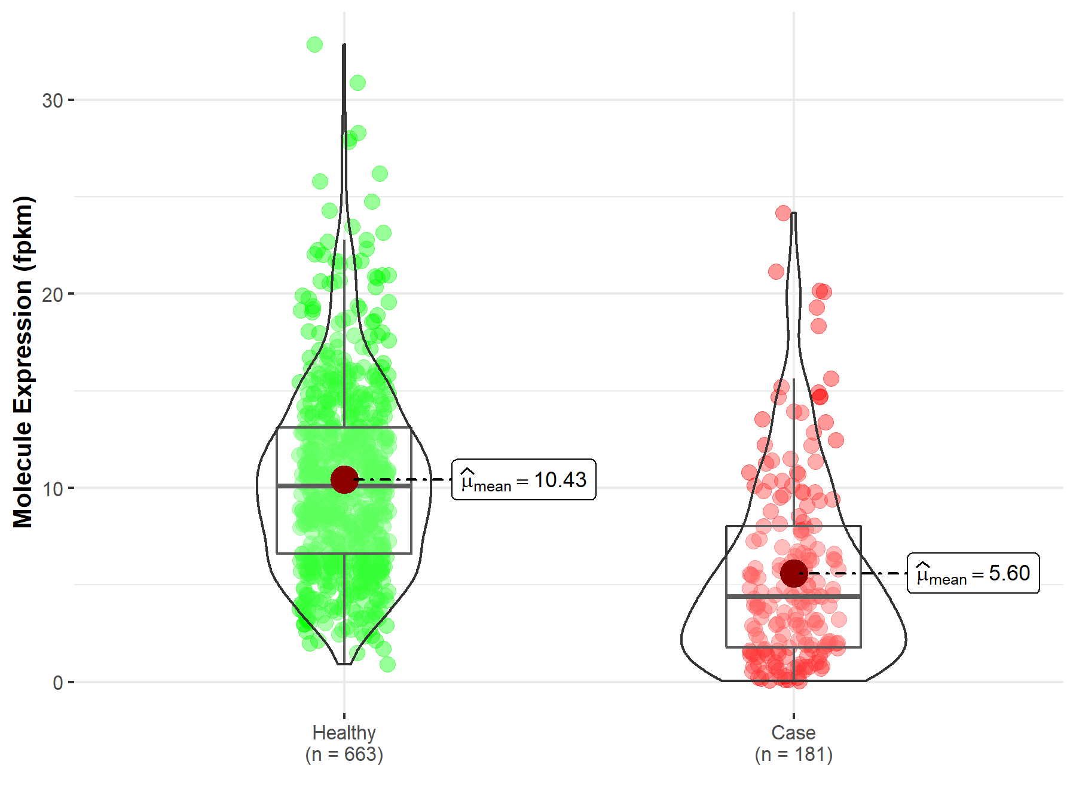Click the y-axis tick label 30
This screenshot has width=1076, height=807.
pos(52,100)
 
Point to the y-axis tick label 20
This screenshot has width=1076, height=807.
pos(52,294)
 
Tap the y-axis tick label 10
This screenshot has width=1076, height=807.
pos(52,488)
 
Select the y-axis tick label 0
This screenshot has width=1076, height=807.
pos(57,682)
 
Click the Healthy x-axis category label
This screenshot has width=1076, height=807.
pos(344,732)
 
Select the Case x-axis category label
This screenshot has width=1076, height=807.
pos(793,732)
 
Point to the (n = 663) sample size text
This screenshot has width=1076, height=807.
pos(344,754)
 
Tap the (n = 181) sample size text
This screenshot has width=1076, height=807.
pos(793,754)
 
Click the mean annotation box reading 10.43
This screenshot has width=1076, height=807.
pos(524,479)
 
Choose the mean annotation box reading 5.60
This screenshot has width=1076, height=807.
pos(973,573)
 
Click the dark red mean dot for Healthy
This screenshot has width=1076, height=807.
pos(344,479)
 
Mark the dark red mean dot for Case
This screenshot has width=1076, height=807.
pos(794,574)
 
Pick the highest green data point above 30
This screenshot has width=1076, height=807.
pos(314,44)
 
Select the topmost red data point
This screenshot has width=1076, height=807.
pos(783,213)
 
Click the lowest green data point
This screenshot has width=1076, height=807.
pos(387,664)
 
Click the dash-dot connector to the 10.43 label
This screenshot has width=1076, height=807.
pos(406,479)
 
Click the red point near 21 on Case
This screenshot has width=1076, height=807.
pos(776,272)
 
